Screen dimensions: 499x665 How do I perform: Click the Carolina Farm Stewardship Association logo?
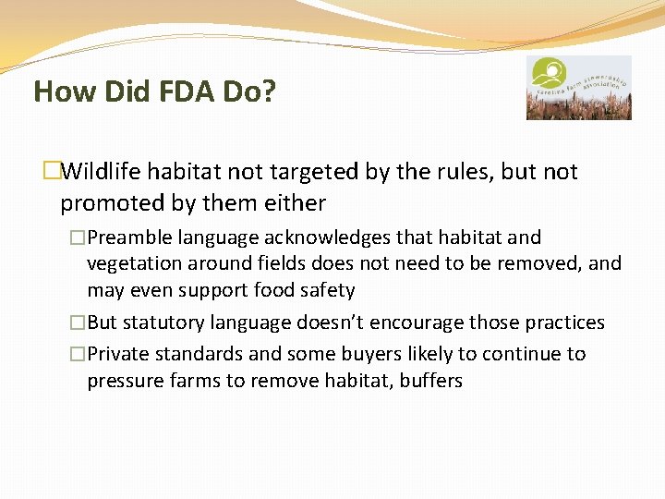(578, 87)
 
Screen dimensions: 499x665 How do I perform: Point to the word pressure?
(124, 381)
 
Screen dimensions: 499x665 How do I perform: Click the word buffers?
(431, 381)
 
